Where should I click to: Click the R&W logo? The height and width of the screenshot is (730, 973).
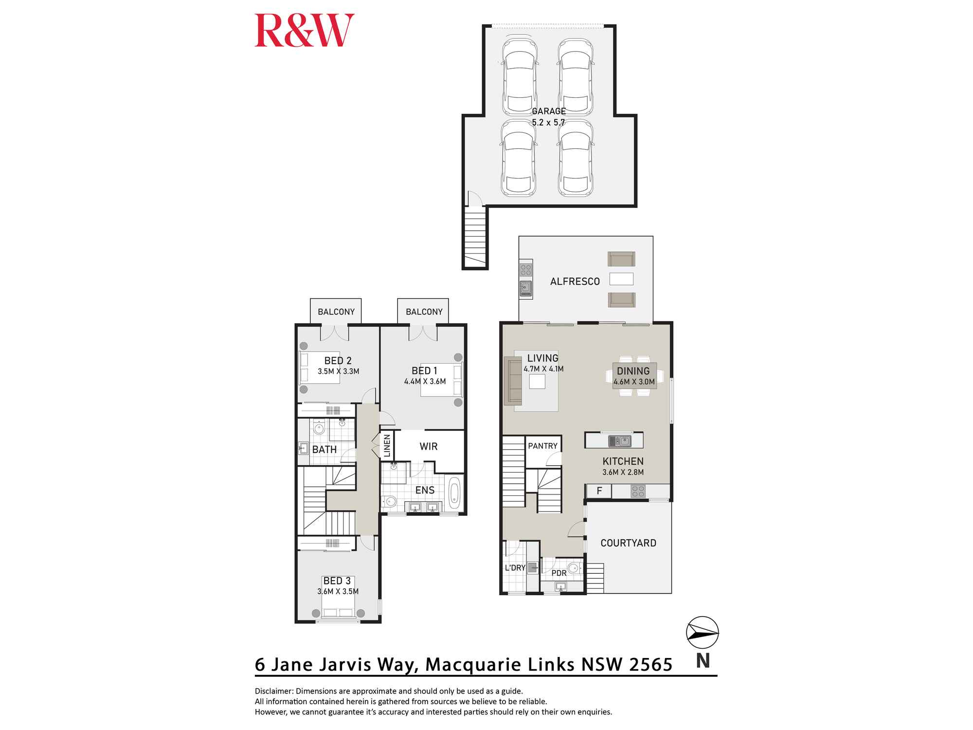click(x=305, y=31)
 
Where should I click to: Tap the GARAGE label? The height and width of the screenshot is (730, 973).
click(x=548, y=111)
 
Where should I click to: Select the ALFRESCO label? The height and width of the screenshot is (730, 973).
click(x=575, y=281)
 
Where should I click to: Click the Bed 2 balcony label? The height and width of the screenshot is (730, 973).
click(x=336, y=312)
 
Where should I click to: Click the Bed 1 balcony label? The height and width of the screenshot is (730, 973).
click(x=424, y=312)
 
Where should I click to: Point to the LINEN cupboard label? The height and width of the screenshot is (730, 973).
click(x=387, y=446)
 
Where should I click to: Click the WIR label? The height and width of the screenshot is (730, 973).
click(x=429, y=446)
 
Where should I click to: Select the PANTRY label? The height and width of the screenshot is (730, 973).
click(x=542, y=446)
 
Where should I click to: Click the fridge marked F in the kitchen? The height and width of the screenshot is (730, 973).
click(x=599, y=491)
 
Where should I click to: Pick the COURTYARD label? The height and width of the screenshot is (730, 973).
click(x=628, y=543)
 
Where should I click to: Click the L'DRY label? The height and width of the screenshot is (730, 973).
click(x=515, y=568)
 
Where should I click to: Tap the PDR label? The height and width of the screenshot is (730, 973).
click(x=559, y=573)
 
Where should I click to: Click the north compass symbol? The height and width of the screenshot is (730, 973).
click(x=702, y=633)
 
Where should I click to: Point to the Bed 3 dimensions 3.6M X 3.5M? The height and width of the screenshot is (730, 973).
click(x=338, y=592)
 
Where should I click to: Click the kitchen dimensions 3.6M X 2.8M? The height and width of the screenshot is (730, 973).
click(x=623, y=472)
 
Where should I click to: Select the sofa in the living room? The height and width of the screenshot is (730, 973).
click(x=513, y=381)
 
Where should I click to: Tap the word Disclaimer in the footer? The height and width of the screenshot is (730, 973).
click(x=274, y=691)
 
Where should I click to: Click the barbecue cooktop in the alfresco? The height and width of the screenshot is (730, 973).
click(x=525, y=269)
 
